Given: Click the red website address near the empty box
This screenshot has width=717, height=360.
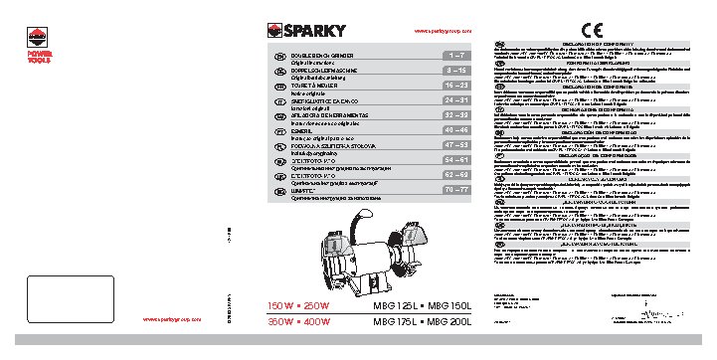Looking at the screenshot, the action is (x=172, y=319).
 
